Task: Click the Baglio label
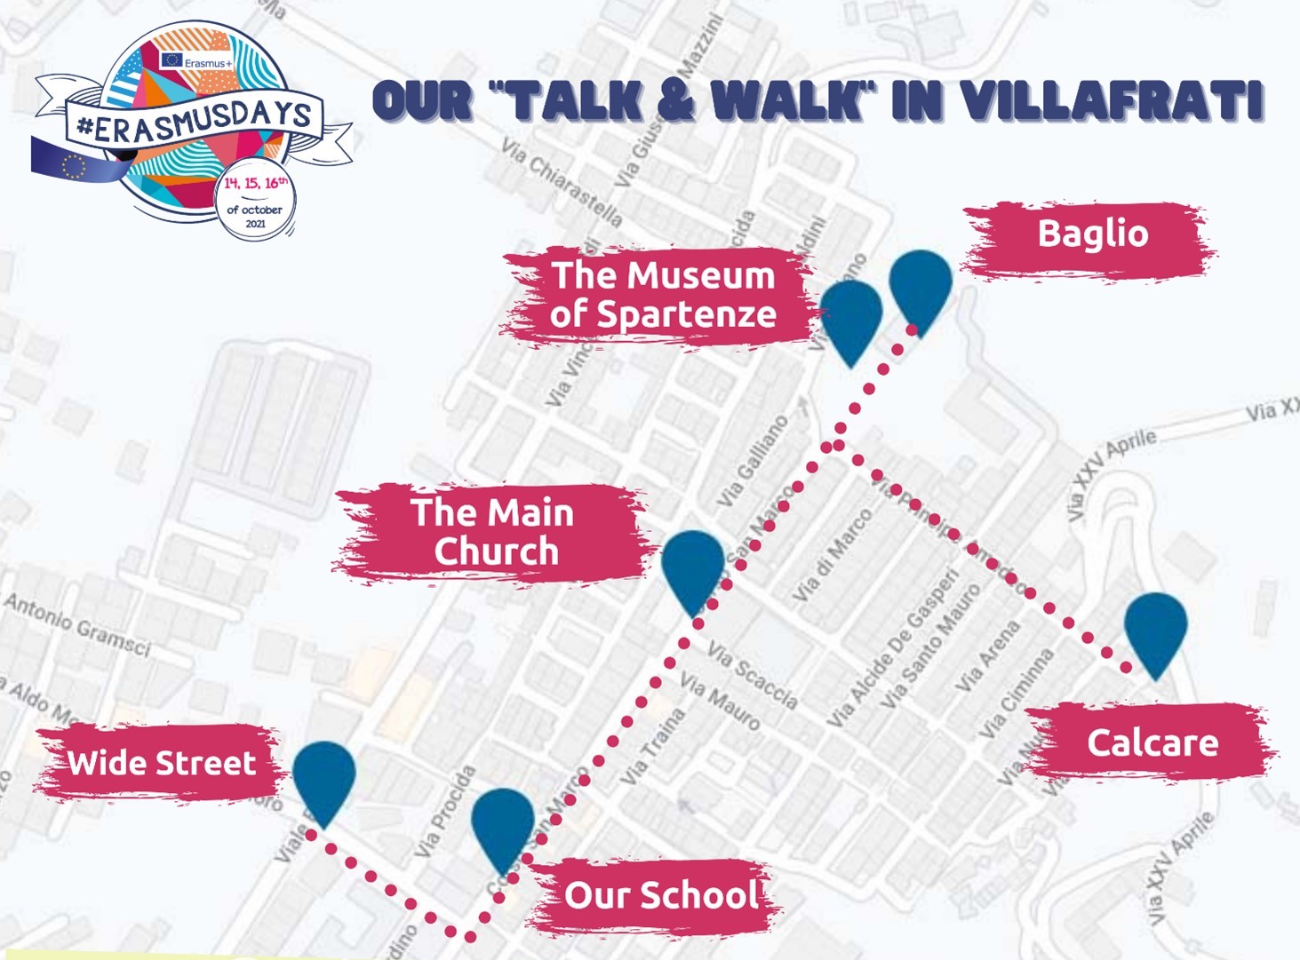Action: click(x=1092, y=234)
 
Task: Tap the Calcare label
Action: click(x=1152, y=742)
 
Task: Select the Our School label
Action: click(x=661, y=895)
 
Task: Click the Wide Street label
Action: click(x=162, y=763)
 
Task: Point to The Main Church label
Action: click(x=492, y=532)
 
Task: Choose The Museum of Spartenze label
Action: click(x=662, y=294)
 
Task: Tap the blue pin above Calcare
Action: click(x=1155, y=629)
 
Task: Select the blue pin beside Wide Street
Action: click(x=324, y=776)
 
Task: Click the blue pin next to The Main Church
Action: click(x=693, y=566)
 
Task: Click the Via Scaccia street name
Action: click(x=752, y=675)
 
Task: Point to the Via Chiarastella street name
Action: click(x=562, y=181)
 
